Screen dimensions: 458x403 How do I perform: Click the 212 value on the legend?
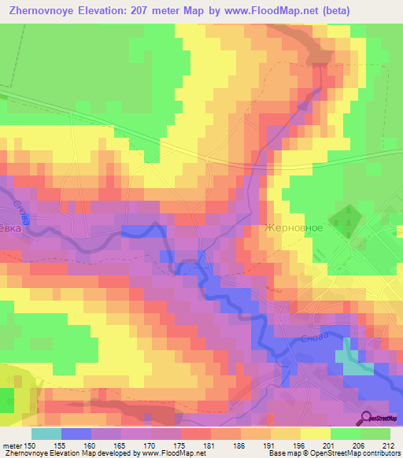388,445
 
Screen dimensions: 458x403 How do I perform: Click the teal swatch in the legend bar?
46,434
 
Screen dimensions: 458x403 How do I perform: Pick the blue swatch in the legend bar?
76,434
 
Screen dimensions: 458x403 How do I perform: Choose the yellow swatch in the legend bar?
316,434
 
